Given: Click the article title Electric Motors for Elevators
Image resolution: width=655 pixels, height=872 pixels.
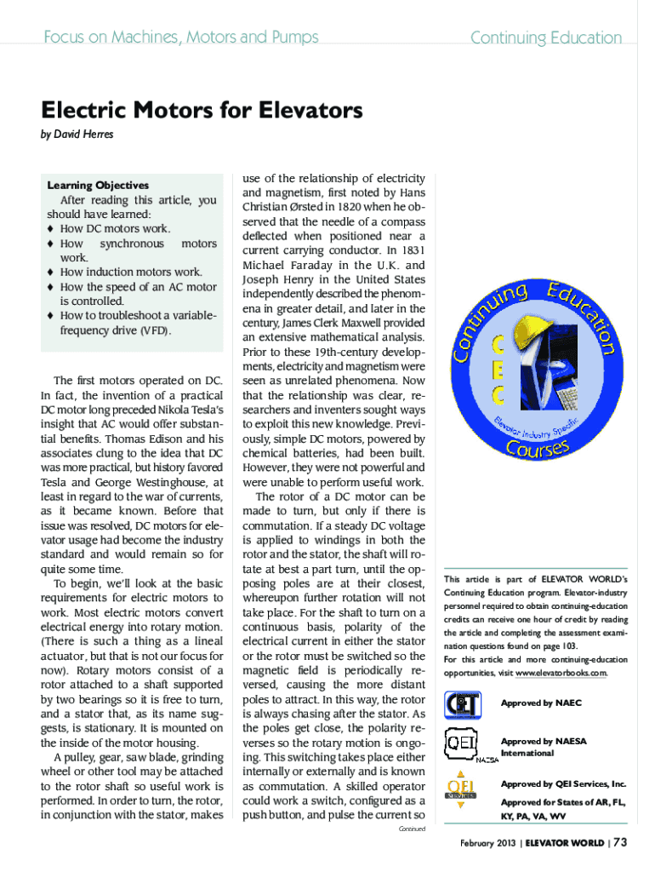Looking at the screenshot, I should pos(202,111).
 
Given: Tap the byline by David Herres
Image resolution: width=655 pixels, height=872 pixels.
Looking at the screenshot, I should pos(77,135).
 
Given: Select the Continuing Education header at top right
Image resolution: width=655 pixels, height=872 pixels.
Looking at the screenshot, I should pos(546,37).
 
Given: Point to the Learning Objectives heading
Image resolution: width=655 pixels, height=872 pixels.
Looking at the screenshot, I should pos(98,185).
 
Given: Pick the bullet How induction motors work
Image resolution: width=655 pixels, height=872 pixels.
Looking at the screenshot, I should pos(131,272).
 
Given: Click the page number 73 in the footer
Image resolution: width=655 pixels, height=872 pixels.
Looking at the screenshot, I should pos(620,843).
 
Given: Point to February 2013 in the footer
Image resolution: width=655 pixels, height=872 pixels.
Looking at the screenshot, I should pos(485,844).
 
